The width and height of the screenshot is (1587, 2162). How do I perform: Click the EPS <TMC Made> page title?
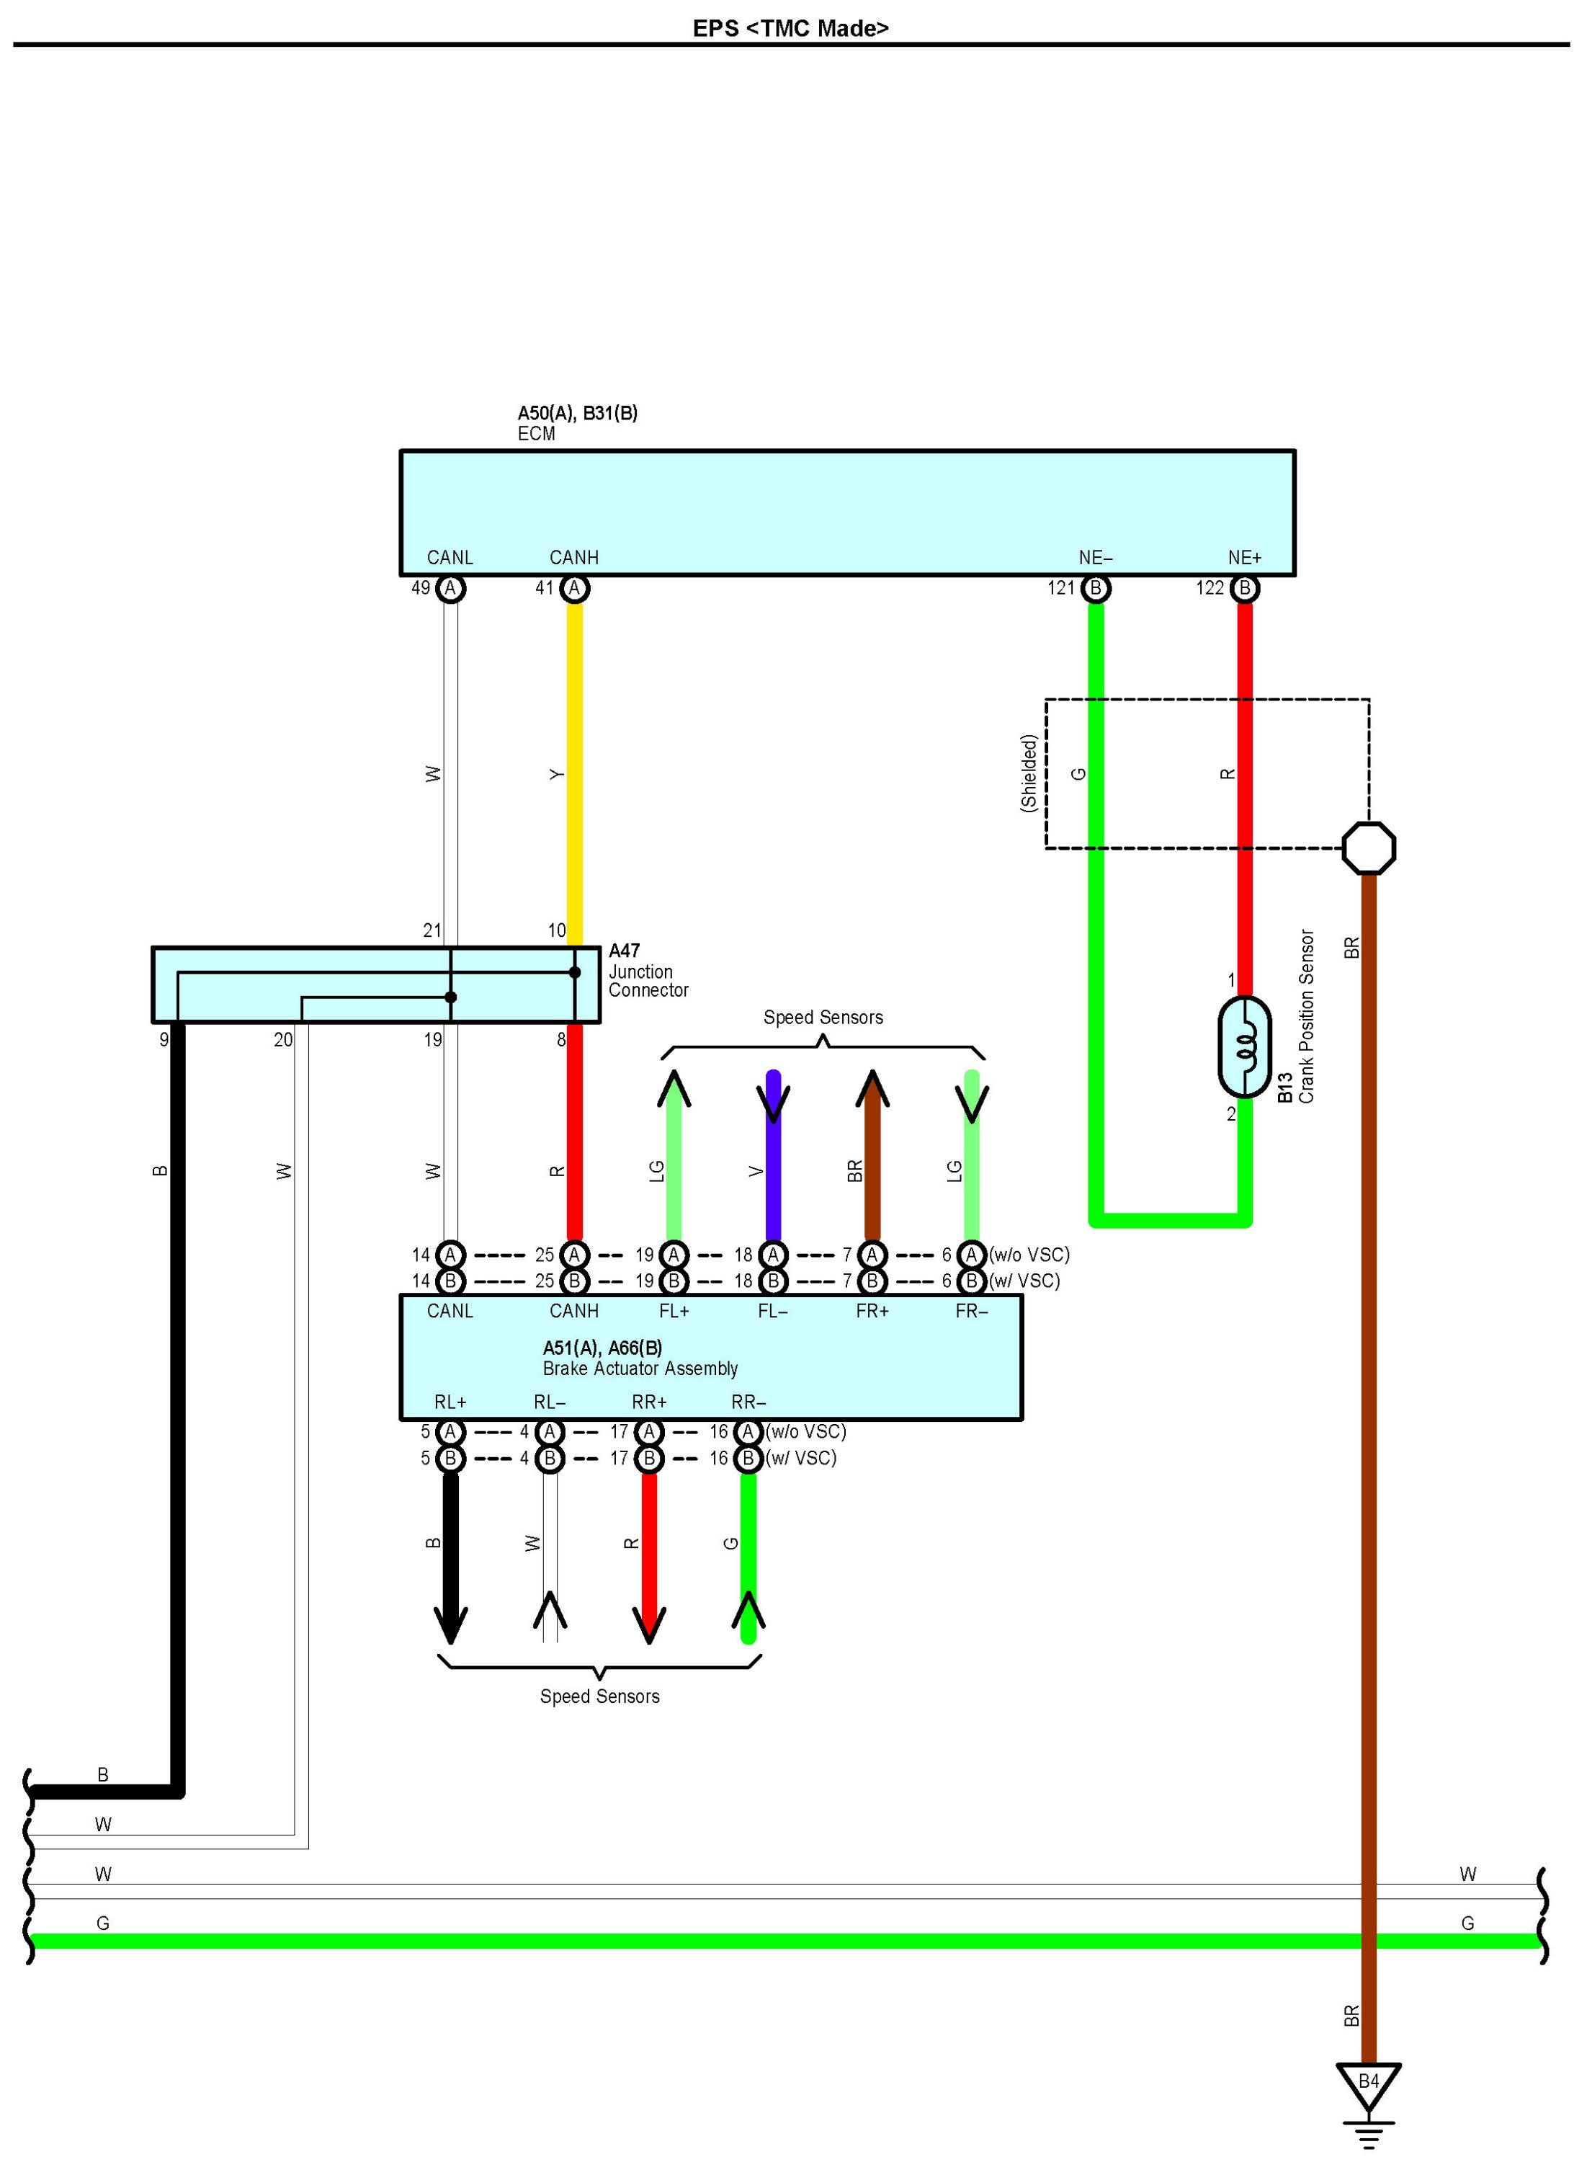pyautogui.click(x=790, y=28)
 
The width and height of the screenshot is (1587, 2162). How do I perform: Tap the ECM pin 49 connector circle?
pyautogui.click(x=450, y=588)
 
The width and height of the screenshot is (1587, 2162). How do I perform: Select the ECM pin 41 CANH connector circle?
pyautogui.click(x=574, y=588)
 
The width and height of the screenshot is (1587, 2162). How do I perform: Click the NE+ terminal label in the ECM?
pyautogui.click(x=1244, y=557)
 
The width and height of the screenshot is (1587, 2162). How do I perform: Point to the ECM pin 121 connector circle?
pyautogui.click(x=1095, y=588)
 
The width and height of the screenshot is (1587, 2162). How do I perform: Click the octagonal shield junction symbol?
pyautogui.click(x=1369, y=848)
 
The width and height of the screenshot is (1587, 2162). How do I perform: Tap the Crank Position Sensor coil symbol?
pyautogui.click(x=1244, y=1046)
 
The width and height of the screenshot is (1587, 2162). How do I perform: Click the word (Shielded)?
pyautogui.click(x=1029, y=773)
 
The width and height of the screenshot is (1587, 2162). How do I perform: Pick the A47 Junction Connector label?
pyautogui.click(x=648, y=971)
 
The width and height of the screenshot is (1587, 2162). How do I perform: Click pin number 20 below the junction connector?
pyautogui.click(x=282, y=1040)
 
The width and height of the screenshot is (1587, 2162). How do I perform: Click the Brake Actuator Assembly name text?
pyautogui.click(x=640, y=1369)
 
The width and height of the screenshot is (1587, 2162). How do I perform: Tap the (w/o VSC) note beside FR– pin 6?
pyautogui.click(x=1030, y=1254)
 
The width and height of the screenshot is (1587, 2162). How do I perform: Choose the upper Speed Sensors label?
pyautogui.click(x=823, y=1018)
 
